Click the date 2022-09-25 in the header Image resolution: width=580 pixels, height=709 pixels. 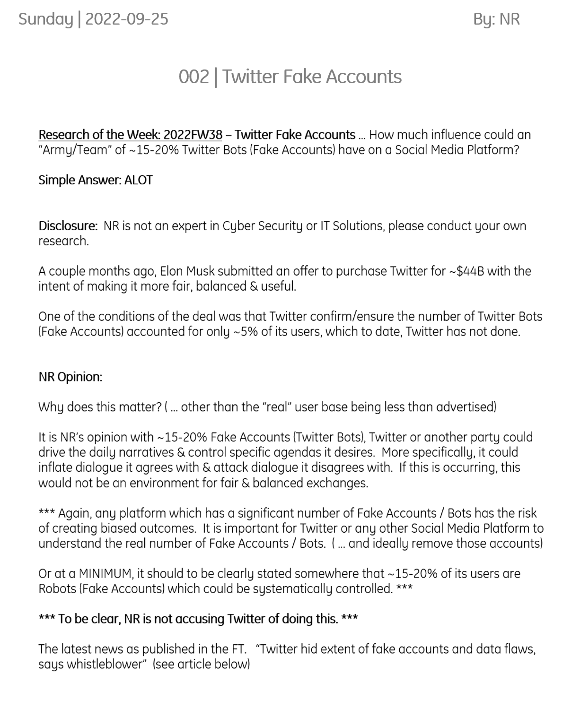(x=126, y=19)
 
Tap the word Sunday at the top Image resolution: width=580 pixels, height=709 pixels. (x=45, y=19)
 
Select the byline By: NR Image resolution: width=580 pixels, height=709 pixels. (x=496, y=19)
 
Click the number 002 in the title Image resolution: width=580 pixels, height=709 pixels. (x=193, y=77)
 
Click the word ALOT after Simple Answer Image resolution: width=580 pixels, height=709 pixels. (x=138, y=180)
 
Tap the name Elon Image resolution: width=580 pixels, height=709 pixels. (x=171, y=271)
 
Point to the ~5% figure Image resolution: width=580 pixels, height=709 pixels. (x=245, y=331)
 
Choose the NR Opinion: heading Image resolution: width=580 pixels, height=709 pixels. (x=70, y=377)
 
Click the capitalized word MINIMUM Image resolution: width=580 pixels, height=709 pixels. (x=105, y=573)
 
